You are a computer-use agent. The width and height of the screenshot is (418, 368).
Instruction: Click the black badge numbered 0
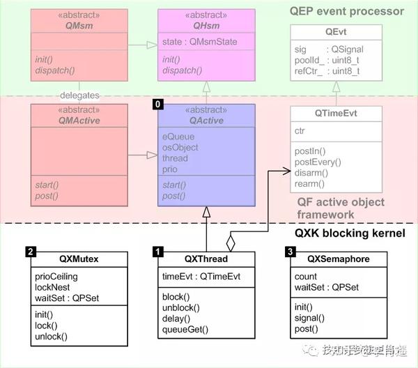click(x=157, y=104)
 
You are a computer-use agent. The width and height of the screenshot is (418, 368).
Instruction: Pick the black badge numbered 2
click(x=31, y=252)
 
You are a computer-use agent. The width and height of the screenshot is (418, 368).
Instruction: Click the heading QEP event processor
click(x=348, y=10)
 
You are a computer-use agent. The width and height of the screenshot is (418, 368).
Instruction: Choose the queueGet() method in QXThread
click(x=185, y=330)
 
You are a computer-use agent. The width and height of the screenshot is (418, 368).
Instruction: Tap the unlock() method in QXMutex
click(x=51, y=336)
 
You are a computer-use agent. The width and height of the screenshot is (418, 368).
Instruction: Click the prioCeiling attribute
click(x=56, y=277)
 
